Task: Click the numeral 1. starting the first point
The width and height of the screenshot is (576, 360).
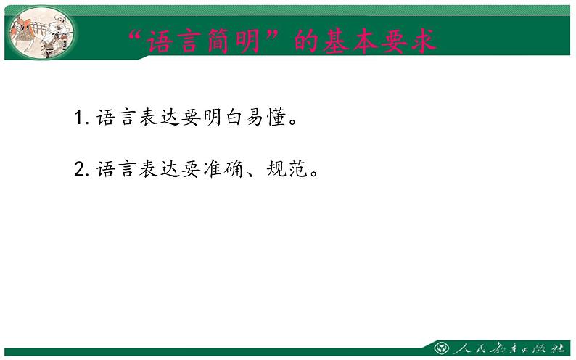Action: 81,118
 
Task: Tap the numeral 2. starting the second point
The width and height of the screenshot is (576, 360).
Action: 81,170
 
